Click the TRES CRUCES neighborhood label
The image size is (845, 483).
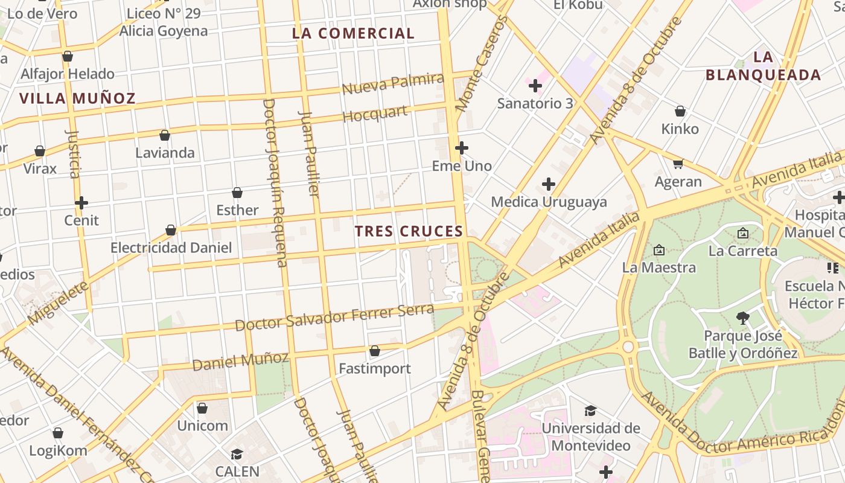pyautogui.click(x=409, y=231)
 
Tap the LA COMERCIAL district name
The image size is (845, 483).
pyautogui.click(x=353, y=34)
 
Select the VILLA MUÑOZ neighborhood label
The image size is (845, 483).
pyautogui.click(x=77, y=98)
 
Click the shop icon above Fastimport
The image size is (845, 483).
pyautogui.click(x=374, y=351)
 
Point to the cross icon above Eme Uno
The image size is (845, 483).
pyautogui.click(x=462, y=148)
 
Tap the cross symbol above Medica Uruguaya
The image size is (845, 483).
pyautogui.click(x=549, y=184)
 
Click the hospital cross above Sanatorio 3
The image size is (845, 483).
pyautogui.click(x=535, y=86)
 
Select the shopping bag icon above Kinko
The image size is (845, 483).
pyautogui.click(x=680, y=111)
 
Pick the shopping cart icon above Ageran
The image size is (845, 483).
pyautogui.click(x=678, y=164)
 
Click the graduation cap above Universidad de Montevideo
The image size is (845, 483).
pyautogui.click(x=590, y=411)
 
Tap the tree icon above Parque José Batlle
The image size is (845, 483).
pyautogui.click(x=743, y=318)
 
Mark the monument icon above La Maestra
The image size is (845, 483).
pyautogui.click(x=658, y=249)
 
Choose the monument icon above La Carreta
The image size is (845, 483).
pyautogui.click(x=742, y=233)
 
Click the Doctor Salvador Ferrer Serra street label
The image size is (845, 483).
pyautogui.click(x=334, y=318)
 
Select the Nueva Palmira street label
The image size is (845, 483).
pyautogui.click(x=392, y=83)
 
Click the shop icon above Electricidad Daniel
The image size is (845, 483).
pyautogui.click(x=171, y=230)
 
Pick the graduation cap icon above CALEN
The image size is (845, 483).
pyautogui.click(x=237, y=454)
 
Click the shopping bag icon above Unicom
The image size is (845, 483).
pyautogui.click(x=202, y=408)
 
